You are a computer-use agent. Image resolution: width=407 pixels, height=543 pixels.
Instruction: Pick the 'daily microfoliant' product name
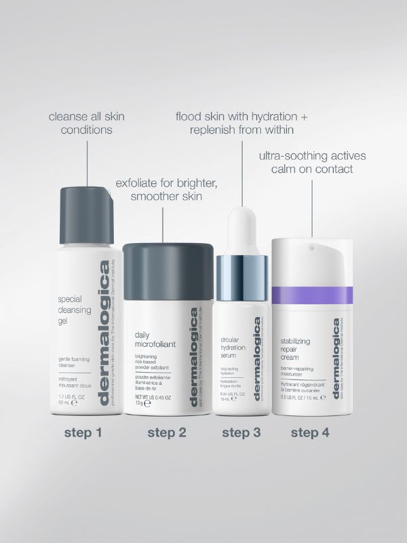pos(155,340)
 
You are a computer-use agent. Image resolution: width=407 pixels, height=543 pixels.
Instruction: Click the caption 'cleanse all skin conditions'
pos(86,123)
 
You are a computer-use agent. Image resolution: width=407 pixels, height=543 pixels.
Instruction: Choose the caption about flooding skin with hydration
pos(241,123)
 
